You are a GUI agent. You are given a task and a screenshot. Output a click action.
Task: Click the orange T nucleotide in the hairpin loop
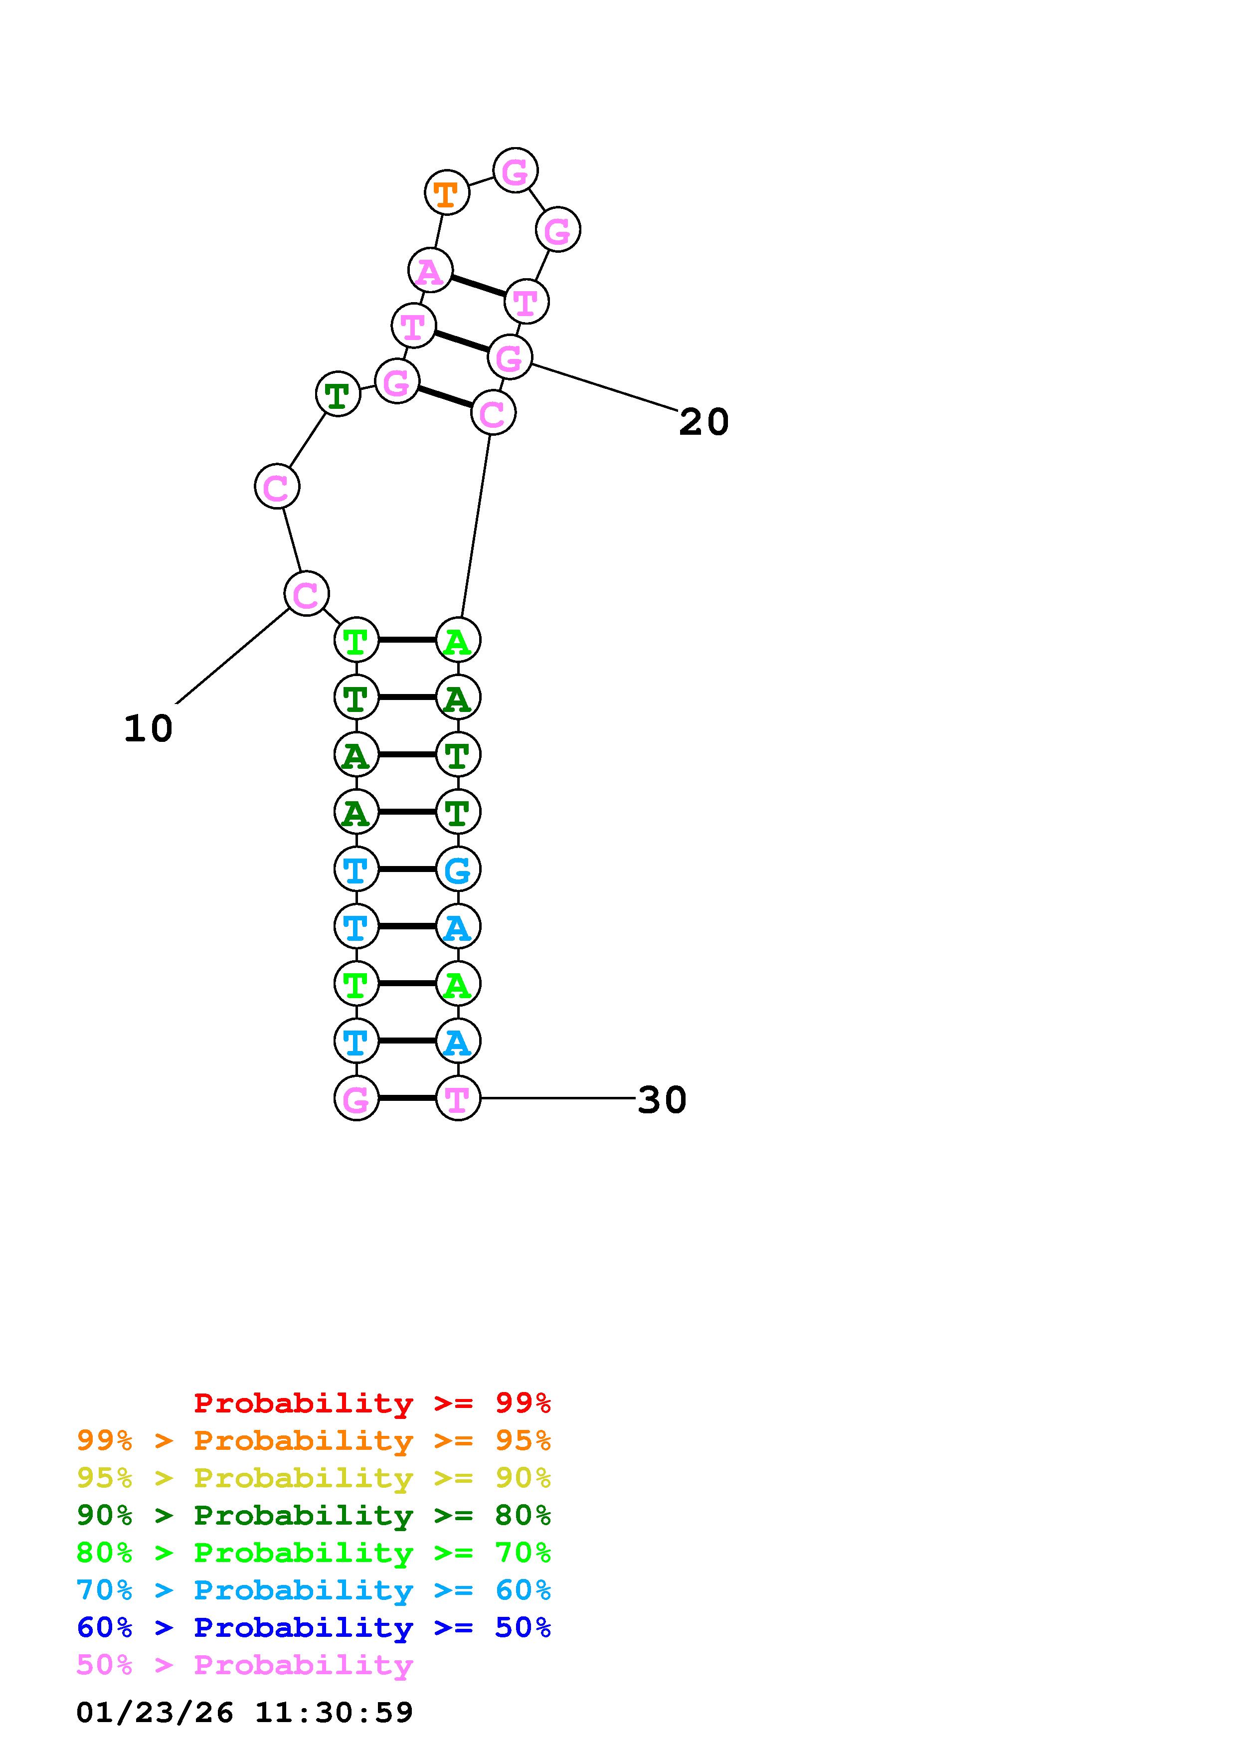coord(446,193)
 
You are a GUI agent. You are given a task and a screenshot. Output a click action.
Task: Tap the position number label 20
coord(703,422)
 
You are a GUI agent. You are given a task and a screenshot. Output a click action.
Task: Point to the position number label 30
coord(661,1100)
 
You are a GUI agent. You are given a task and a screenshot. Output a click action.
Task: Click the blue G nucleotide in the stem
coord(458,869)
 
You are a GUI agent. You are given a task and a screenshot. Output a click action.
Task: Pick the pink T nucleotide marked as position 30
coord(458,1098)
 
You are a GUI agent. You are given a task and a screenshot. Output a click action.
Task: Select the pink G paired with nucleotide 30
coord(356,1098)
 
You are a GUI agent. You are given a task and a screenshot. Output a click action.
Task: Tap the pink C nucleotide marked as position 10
coord(306,594)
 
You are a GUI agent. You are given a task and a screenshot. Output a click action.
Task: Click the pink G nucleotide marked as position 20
coord(510,356)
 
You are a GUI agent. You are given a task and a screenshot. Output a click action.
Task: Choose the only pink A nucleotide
coord(430,270)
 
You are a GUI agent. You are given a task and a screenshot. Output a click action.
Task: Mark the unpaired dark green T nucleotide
coord(338,394)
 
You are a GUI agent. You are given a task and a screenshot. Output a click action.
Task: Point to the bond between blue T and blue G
coord(407,869)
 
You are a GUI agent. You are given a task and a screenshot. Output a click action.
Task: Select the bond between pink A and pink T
coord(478,286)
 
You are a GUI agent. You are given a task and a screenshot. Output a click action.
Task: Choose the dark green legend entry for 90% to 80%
coord(314,1516)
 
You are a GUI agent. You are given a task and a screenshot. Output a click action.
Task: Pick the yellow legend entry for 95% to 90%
coord(314,1479)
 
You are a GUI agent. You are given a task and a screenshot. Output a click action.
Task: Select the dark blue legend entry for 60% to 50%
coord(314,1628)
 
